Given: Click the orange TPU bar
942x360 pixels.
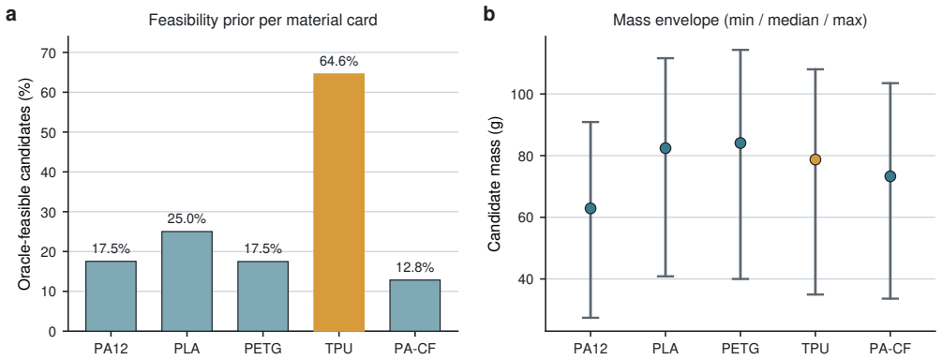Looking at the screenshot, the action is (x=338, y=202).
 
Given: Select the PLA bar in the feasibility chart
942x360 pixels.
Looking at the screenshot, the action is (x=187, y=281).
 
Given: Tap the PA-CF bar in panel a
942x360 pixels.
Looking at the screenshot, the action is (x=414, y=306).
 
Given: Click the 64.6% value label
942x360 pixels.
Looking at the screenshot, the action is (x=338, y=61).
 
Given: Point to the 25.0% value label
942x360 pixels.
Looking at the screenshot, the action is (x=187, y=219).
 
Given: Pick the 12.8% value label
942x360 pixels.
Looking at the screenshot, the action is (x=414, y=267).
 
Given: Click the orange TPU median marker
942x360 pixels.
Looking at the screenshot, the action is (x=815, y=159).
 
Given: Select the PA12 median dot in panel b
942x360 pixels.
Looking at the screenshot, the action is (x=591, y=208).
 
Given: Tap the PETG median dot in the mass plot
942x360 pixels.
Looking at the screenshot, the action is (x=740, y=142).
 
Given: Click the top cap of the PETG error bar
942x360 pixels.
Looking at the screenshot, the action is (x=740, y=50).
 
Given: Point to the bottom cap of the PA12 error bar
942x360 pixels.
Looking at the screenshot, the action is (x=591, y=317).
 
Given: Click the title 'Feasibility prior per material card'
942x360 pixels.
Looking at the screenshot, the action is (x=262, y=21).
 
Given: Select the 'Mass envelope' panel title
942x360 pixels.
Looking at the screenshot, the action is (x=740, y=21).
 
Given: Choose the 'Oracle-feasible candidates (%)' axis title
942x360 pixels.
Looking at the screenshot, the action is (x=24, y=184).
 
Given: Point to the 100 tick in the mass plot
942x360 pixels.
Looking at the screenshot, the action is (x=521, y=95).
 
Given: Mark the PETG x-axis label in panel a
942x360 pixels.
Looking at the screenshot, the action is (x=262, y=348).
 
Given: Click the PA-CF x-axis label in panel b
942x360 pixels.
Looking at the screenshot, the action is (x=890, y=349).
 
